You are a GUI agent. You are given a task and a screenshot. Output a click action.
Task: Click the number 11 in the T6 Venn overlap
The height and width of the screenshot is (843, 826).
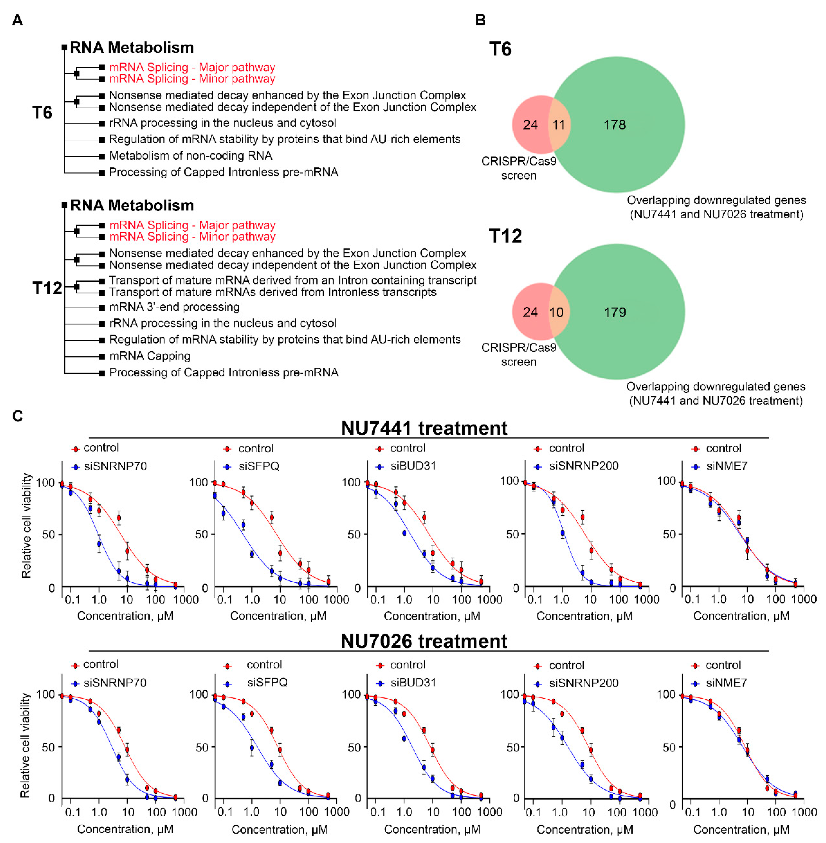tap(559, 125)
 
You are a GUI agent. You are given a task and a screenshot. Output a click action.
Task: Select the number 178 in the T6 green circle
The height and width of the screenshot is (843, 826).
tap(615, 125)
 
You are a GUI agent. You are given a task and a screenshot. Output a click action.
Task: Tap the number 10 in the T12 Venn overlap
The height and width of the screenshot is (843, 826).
tap(557, 312)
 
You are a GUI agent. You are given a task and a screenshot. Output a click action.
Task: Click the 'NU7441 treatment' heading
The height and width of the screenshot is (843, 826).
tap(424, 428)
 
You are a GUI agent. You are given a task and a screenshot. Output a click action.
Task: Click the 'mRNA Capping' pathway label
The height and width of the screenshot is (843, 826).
tap(150, 356)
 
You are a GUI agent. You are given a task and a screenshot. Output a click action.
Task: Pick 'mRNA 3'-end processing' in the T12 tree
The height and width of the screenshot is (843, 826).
tap(174, 307)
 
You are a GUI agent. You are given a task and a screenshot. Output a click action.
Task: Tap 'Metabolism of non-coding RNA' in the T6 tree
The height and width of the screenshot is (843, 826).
tap(190, 155)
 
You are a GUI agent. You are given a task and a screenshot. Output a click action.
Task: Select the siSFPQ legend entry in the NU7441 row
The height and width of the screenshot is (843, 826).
tap(259, 466)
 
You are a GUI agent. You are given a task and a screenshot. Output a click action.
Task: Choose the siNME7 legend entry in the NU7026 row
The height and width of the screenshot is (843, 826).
tap(726, 683)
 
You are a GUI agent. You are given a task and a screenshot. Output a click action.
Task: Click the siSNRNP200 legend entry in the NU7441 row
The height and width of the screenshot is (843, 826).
tap(583, 466)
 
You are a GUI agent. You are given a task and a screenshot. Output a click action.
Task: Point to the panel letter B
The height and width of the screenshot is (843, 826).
tap(480, 20)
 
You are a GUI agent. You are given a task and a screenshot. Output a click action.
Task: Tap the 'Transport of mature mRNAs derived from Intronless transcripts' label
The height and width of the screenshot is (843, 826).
tap(273, 292)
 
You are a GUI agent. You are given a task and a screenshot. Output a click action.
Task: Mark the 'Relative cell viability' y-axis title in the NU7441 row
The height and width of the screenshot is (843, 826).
tap(26, 525)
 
